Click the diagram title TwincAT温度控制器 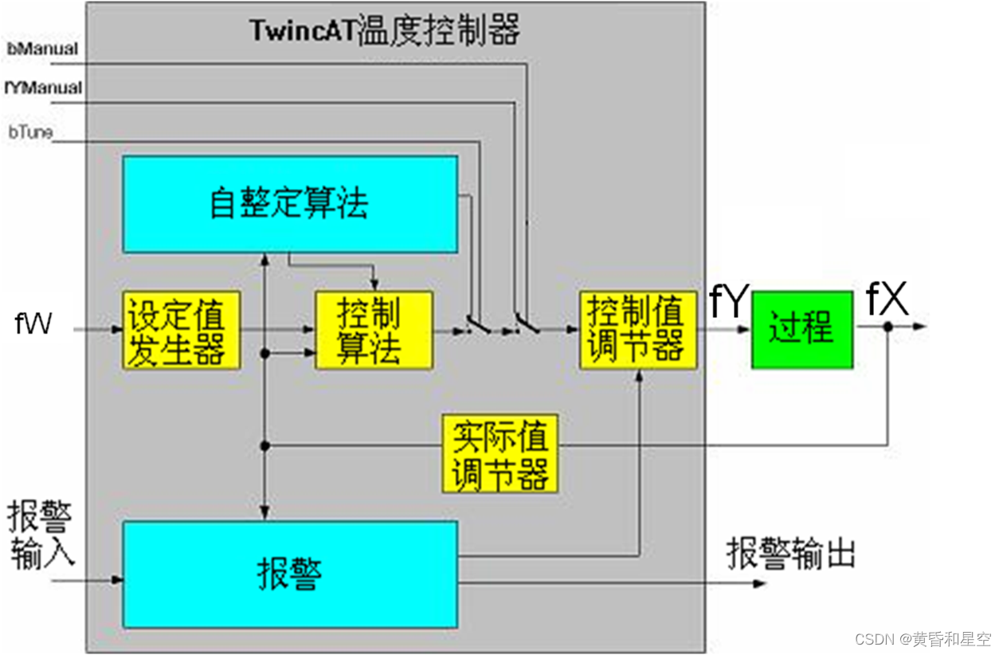click(x=385, y=31)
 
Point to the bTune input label click(x=30, y=132)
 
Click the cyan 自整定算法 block click(x=290, y=204)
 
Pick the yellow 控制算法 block click(x=374, y=330)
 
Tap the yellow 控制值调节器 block click(x=637, y=329)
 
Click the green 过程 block click(x=801, y=328)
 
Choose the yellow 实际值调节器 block click(x=500, y=453)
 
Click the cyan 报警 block click(x=290, y=574)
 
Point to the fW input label click(x=33, y=325)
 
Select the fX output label click(x=887, y=300)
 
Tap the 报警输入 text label click(x=41, y=535)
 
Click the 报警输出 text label click(x=791, y=553)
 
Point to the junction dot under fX click(x=887, y=326)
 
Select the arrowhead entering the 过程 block click(x=746, y=327)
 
